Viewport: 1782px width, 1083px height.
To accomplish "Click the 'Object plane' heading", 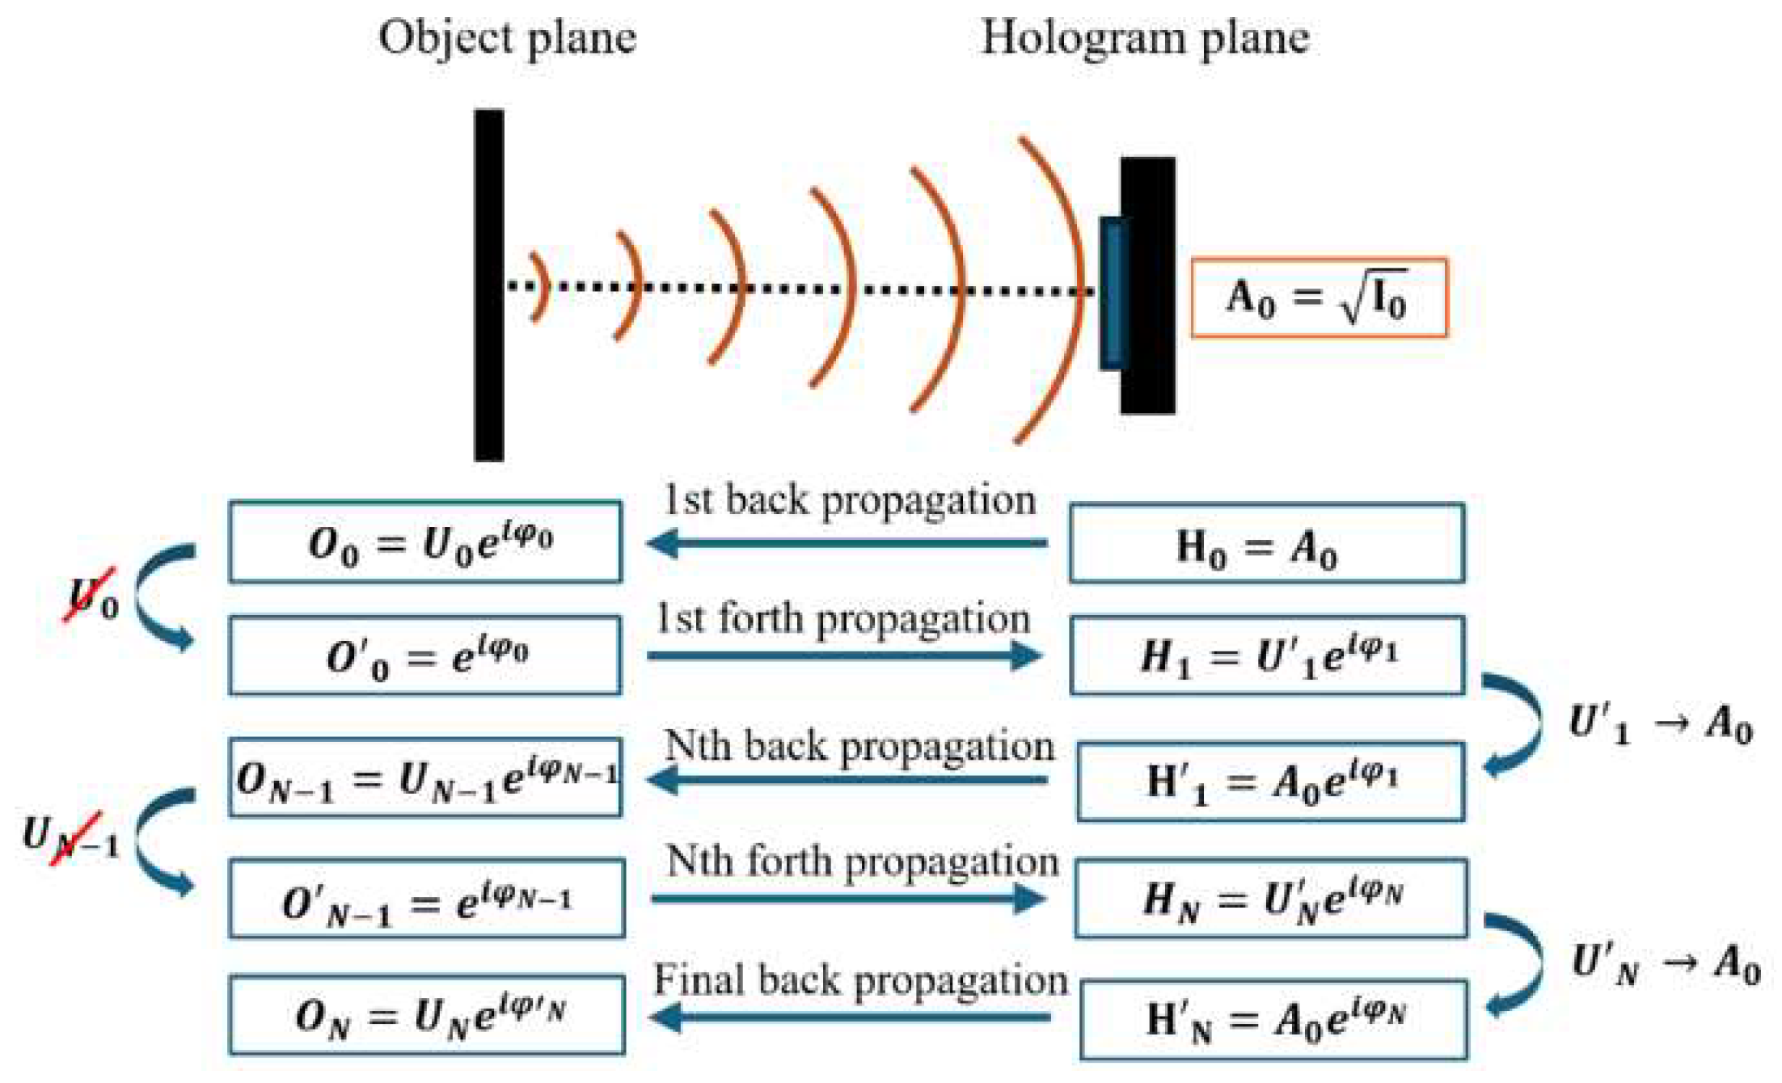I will [x=507, y=39].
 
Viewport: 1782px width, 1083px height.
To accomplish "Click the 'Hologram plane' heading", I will [x=1145, y=39].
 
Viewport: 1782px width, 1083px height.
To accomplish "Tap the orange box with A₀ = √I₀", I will [x=1319, y=297].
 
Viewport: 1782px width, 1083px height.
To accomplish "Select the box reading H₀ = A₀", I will [x=1266, y=543].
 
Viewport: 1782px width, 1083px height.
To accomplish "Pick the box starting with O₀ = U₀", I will [x=425, y=541].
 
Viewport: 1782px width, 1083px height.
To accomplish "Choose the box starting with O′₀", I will [x=425, y=655].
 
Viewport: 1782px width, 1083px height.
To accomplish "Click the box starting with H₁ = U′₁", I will [x=1266, y=655].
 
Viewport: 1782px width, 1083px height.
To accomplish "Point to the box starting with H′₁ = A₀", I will [x=1270, y=782].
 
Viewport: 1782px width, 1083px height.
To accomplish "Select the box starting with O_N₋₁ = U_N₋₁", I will [x=425, y=777].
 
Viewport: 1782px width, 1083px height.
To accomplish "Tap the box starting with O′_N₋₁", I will [x=427, y=899].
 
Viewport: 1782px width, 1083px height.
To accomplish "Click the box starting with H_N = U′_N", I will [x=1270, y=899].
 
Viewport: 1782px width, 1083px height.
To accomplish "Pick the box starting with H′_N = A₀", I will [x=1273, y=1019].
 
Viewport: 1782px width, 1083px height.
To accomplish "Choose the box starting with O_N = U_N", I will [x=427, y=1015].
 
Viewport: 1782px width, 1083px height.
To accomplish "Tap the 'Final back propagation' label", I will [x=860, y=980].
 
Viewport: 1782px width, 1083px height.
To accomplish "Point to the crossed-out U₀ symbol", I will [x=92, y=597].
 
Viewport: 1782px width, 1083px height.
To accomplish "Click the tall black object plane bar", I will [x=489, y=285].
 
